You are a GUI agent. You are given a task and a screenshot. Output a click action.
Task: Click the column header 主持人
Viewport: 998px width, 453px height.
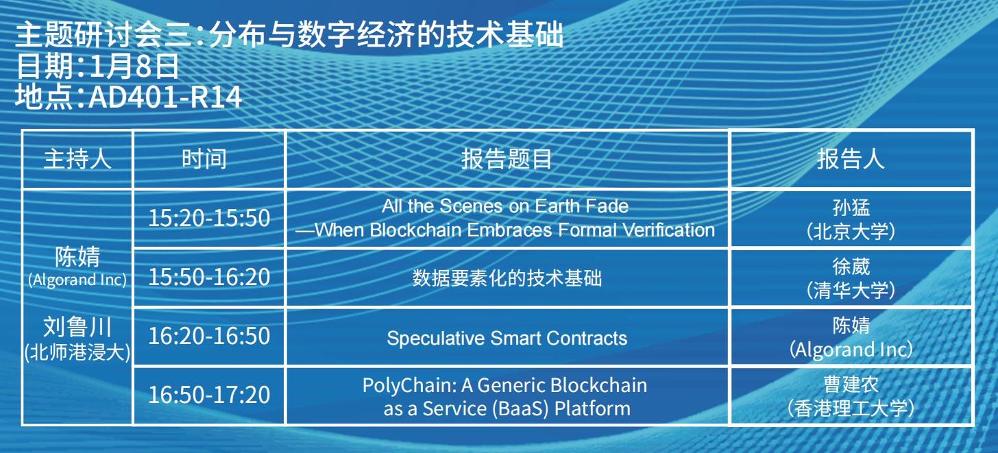click(x=77, y=159)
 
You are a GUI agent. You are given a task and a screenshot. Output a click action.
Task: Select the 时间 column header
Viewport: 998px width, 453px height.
click(x=204, y=159)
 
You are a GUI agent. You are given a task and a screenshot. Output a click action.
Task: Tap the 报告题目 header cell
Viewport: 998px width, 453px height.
click(x=507, y=159)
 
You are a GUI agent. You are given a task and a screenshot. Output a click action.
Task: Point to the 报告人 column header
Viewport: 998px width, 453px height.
click(x=851, y=159)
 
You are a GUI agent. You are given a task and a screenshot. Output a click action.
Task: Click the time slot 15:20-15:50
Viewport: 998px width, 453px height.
click(x=209, y=218)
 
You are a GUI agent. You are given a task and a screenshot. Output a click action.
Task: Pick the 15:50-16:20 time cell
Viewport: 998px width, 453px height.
click(x=209, y=277)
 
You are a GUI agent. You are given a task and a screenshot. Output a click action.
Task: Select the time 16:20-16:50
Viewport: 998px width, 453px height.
click(x=209, y=335)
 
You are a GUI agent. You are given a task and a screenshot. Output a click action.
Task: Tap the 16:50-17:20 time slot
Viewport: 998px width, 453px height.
click(x=209, y=394)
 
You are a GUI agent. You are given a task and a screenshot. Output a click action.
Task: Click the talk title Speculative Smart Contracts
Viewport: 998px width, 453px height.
click(x=507, y=338)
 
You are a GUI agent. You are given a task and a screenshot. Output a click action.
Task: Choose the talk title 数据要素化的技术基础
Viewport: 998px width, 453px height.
click(x=507, y=278)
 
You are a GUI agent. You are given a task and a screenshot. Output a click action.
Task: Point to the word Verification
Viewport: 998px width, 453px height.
click(x=669, y=230)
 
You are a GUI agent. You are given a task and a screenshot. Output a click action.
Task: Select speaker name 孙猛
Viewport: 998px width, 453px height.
click(x=851, y=208)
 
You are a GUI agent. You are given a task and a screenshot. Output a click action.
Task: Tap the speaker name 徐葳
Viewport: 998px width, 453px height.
click(x=851, y=267)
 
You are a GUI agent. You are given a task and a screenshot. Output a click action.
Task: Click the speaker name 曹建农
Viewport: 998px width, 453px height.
click(x=851, y=384)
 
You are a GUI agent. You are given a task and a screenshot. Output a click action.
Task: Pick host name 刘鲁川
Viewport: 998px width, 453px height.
click(x=77, y=326)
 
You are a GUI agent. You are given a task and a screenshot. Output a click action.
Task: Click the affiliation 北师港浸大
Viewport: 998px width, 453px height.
click(x=77, y=352)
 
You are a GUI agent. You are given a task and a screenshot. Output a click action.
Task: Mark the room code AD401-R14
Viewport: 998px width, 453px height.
click(x=165, y=97)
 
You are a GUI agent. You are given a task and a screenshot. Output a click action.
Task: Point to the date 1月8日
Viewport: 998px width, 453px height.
click(x=134, y=66)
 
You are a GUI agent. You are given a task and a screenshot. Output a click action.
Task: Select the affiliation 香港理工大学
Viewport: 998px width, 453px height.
click(x=851, y=408)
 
